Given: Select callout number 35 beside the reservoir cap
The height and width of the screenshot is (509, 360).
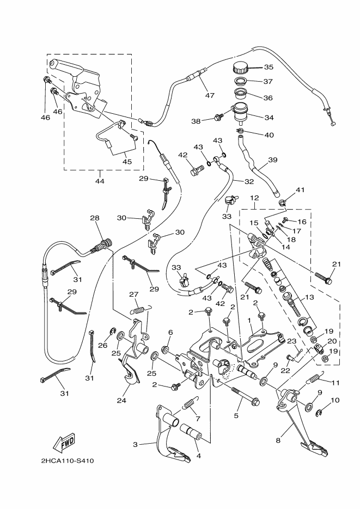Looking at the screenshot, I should (x=269, y=68).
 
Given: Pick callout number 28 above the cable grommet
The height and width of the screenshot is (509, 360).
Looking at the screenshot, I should (x=95, y=218).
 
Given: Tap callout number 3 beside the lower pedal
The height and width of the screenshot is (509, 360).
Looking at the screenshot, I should (x=135, y=445).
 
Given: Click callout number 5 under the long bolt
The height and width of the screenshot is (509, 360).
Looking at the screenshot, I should (x=236, y=416).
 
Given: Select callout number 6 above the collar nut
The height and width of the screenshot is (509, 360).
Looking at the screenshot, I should (x=170, y=333).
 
